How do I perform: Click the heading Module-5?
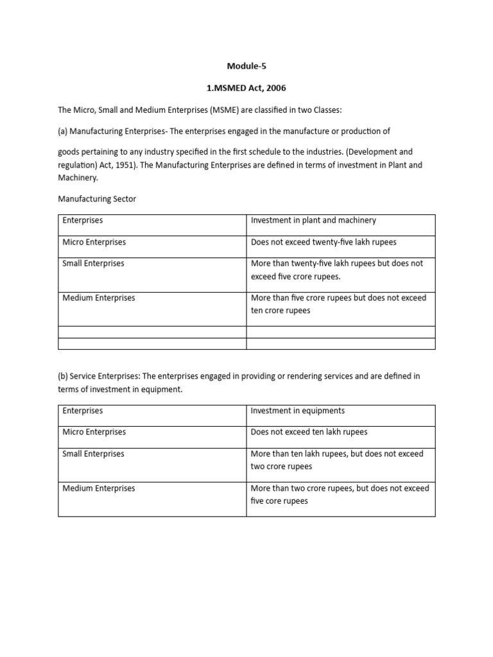pos(246,65)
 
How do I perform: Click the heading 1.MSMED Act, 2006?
pos(246,88)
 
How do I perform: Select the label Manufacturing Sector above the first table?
pos(97,199)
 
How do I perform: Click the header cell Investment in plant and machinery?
pos(313,220)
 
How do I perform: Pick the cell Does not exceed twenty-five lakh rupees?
pos(324,242)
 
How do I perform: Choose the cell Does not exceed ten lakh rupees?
pos(309,432)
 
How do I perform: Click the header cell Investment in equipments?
pos(298,411)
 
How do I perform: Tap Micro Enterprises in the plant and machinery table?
pos(94,242)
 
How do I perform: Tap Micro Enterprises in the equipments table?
pos(94,432)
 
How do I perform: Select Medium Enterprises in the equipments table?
pos(99,488)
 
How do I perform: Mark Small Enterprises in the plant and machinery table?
pos(93,263)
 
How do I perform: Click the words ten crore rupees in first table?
pos(281,311)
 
